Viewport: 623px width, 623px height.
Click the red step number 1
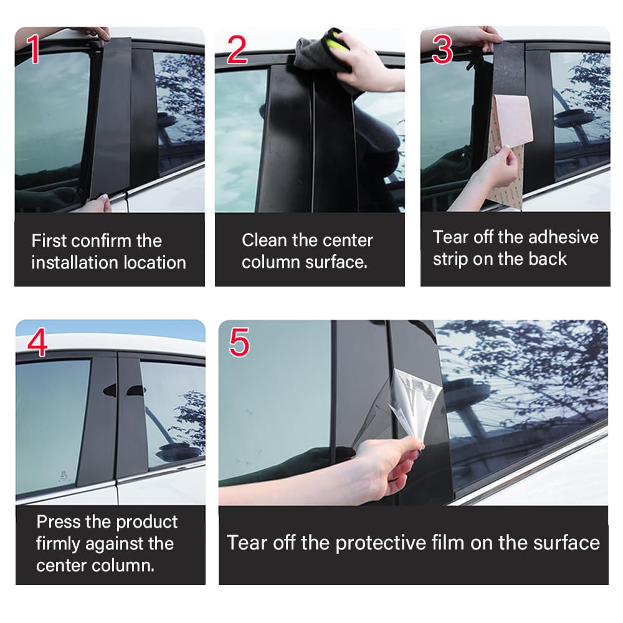tap(34, 49)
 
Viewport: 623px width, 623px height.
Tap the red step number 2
tap(237, 49)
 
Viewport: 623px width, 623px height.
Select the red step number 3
tap(442, 49)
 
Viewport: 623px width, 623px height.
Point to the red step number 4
tap(37, 342)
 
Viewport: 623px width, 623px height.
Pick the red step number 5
tap(239, 342)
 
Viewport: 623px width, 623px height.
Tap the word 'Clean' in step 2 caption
tap(264, 240)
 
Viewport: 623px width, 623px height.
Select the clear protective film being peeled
tap(413, 401)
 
